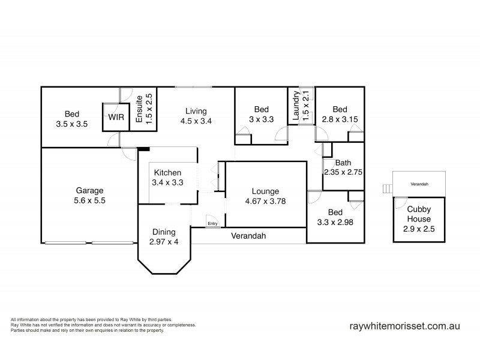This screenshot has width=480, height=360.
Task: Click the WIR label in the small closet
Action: pos(116,118)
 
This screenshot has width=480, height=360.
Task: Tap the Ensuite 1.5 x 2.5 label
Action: pos(143,109)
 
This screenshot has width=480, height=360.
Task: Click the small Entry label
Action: pos(212,224)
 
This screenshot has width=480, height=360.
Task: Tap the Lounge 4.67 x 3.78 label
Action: pos(265,196)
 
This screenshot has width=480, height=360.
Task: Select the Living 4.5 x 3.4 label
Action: pos(196,116)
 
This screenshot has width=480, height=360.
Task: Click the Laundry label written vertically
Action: pos(301,106)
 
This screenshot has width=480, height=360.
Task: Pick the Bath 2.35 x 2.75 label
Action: pos(343,167)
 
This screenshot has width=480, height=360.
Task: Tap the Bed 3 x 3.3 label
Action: pos(261,114)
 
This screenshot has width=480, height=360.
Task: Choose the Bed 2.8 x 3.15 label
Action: pos(340,114)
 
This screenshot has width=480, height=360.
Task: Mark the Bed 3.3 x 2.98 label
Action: pos(335,217)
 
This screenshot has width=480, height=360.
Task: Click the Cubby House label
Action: pos(419,214)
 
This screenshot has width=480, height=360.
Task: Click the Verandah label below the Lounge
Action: pos(248,236)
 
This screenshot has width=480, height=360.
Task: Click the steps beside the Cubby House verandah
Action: pos(388,189)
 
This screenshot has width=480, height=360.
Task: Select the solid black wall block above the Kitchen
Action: pos(143,149)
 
